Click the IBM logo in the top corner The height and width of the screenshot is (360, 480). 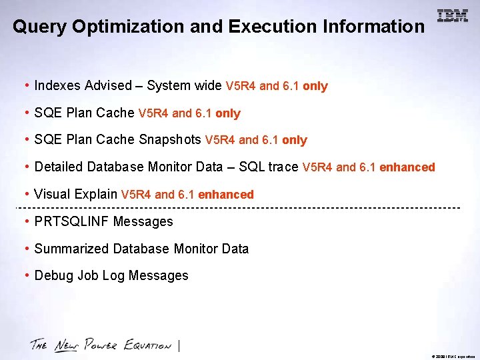[x=453, y=16]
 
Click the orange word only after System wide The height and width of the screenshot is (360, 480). [x=315, y=86]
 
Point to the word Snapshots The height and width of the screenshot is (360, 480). [x=170, y=139]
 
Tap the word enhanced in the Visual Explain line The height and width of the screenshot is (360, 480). [x=226, y=195]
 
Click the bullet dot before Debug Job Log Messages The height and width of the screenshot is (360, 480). [x=26, y=275]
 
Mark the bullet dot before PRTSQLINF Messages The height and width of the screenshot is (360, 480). [x=26, y=221]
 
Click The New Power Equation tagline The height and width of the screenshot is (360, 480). [x=101, y=345]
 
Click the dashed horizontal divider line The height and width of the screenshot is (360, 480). [x=240, y=208]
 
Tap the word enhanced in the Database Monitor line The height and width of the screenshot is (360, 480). [x=407, y=167]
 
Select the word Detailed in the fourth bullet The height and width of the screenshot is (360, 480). [x=59, y=167]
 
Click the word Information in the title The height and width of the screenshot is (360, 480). [x=373, y=27]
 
